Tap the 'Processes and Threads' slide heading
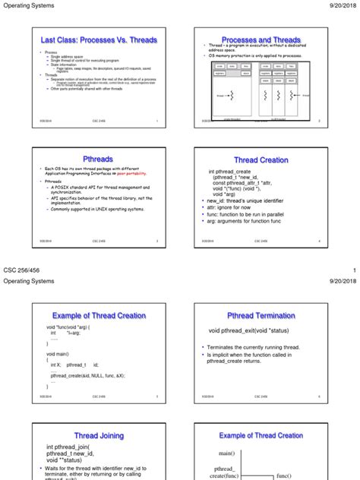click(261, 40)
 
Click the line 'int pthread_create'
click(236, 172)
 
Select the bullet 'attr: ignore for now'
click(235, 209)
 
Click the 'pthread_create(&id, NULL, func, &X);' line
click(87, 375)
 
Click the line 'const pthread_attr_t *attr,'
click(242, 184)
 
